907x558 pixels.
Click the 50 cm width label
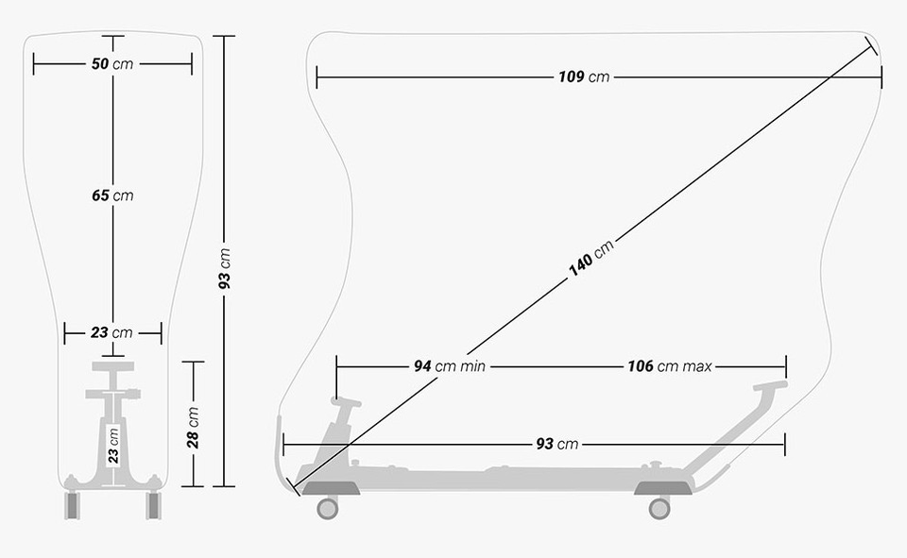[x=112, y=63]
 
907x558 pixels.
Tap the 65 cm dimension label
[x=112, y=195]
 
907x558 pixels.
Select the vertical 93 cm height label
[x=225, y=269]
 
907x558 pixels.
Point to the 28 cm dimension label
[x=193, y=428]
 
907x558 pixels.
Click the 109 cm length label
[x=584, y=76]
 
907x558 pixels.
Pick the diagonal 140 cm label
[x=590, y=258]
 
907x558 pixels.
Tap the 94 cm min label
[x=450, y=366]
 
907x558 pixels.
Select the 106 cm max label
[x=670, y=366]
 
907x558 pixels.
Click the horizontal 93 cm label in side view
[x=557, y=444]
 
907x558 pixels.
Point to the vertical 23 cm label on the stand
[x=113, y=447]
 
